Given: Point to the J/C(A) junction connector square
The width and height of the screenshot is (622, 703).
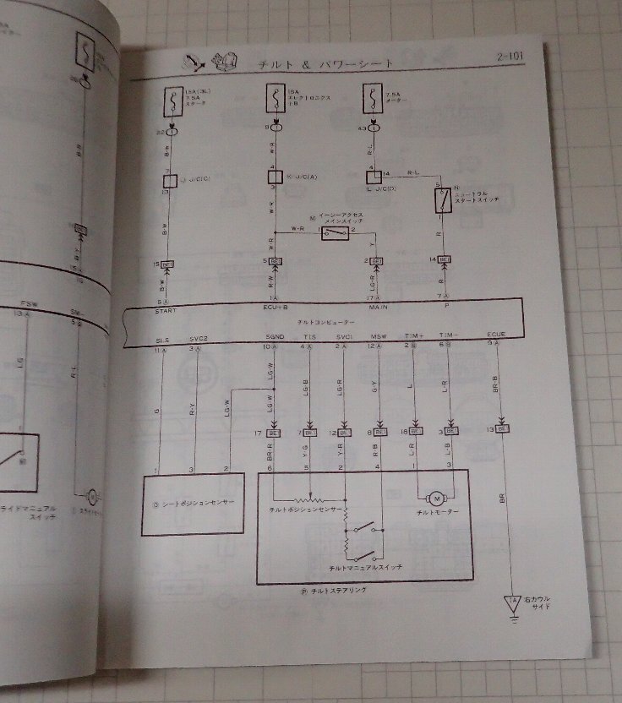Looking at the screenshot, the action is tap(274, 178).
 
